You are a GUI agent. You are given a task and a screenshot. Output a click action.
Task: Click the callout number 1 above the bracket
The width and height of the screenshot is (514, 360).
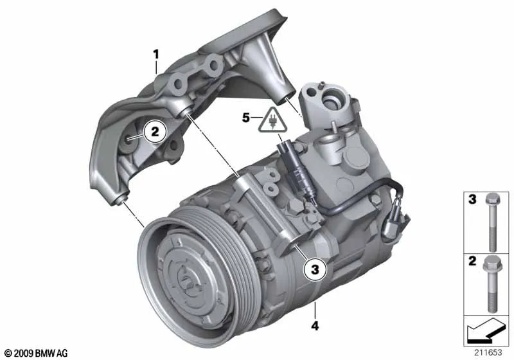pyautogui.click(x=156, y=55)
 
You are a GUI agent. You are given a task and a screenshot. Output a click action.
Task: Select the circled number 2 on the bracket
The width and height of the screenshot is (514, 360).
pyautogui.click(x=155, y=132)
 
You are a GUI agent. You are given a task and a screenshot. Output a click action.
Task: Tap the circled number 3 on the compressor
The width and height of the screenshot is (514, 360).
pyautogui.click(x=315, y=269)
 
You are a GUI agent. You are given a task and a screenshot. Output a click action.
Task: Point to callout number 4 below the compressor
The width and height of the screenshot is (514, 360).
pyautogui.click(x=315, y=326)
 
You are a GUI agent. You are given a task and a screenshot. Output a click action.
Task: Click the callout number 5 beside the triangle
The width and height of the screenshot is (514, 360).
pyautogui.click(x=246, y=118)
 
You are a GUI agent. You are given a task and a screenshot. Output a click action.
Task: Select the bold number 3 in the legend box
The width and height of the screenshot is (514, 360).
pyautogui.click(x=472, y=199)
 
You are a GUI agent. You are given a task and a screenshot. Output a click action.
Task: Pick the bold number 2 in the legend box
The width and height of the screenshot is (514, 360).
pyautogui.click(x=472, y=261)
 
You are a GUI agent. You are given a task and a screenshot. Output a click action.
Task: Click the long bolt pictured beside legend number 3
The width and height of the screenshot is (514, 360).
pyautogui.click(x=491, y=222)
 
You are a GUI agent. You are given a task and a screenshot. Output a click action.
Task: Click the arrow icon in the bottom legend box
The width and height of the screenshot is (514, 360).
pyautogui.click(x=486, y=330)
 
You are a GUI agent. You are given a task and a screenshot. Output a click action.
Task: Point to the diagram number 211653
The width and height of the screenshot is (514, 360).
pyautogui.click(x=488, y=352)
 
